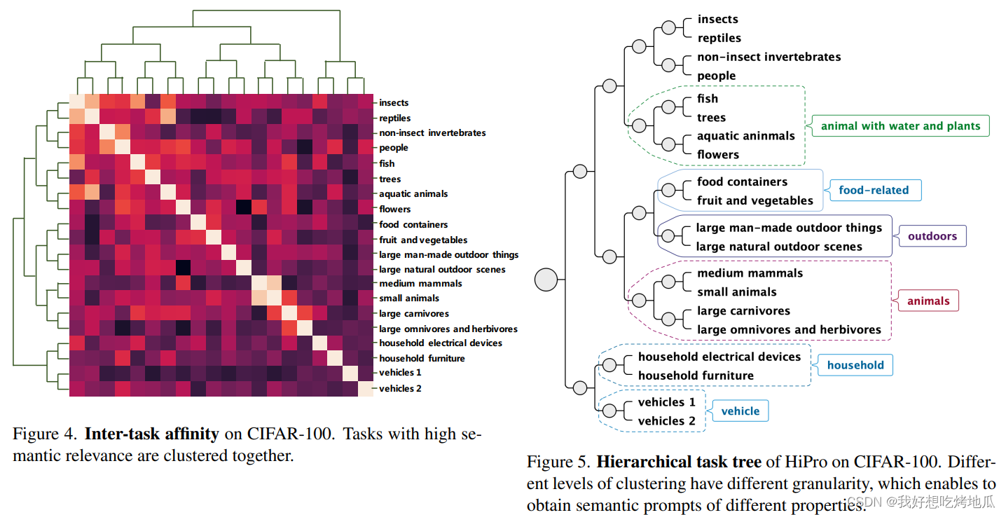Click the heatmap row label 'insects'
[394, 103]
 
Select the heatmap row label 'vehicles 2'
[400, 388]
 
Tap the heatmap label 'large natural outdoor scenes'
[441, 269]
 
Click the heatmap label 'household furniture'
[422, 358]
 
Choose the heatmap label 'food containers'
[413, 224]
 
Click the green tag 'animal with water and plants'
[900, 126]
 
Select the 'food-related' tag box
[873, 190]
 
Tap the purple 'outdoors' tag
[932, 236]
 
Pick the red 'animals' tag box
[928, 301]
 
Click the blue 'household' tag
[855, 365]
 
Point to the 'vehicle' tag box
[740, 411]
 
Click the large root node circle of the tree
[546, 280]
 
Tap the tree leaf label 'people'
[716, 76]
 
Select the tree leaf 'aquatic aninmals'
[745, 136]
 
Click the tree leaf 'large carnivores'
[743, 310]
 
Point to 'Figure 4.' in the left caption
[44, 434]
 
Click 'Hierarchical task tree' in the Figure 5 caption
[678, 462]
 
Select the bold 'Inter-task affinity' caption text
[151, 434]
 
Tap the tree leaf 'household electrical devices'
[719, 357]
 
